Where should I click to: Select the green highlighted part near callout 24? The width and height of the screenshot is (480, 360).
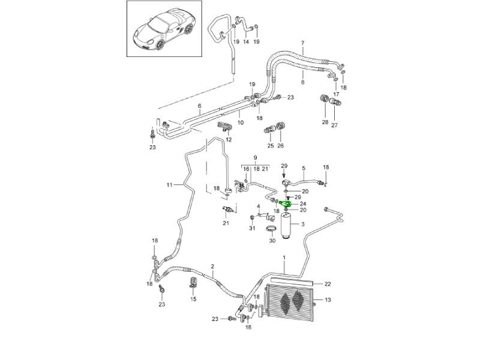pos(287,205)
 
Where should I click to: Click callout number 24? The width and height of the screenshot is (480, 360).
pos(303,205)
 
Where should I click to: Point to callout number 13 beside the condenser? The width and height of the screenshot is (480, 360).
pos(328,300)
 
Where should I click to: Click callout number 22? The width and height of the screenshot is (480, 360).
pos(328,283)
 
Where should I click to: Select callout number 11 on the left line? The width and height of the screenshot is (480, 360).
pos(169,184)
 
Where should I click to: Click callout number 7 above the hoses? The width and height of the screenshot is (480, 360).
pos(303,43)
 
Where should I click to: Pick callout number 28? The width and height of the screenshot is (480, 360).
pos(325,122)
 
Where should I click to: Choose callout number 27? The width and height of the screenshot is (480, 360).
pos(335,125)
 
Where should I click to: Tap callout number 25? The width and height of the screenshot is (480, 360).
pos(271,146)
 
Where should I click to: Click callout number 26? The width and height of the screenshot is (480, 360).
pos(280,146)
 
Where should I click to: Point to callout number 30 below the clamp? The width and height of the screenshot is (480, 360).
pos(272,241)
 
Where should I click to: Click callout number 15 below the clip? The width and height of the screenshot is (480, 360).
pos(193,299)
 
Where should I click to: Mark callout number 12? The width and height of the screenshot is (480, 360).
pos(229,140)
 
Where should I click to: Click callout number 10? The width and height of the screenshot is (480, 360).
pos(240,122)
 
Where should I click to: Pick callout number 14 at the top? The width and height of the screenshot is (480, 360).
pos(245,41)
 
